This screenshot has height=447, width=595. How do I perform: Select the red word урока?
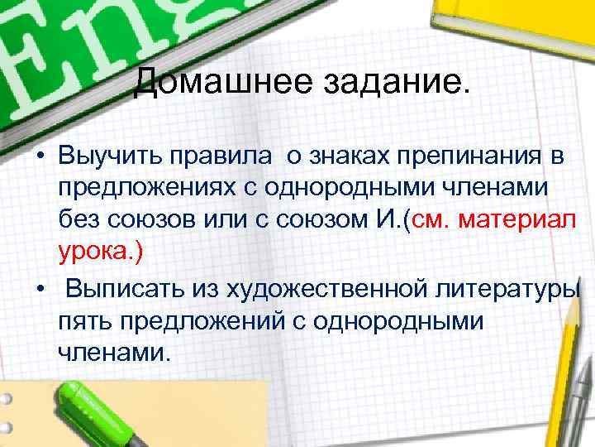(x=95, y=253)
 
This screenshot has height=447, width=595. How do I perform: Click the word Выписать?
(x=123, y=290)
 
